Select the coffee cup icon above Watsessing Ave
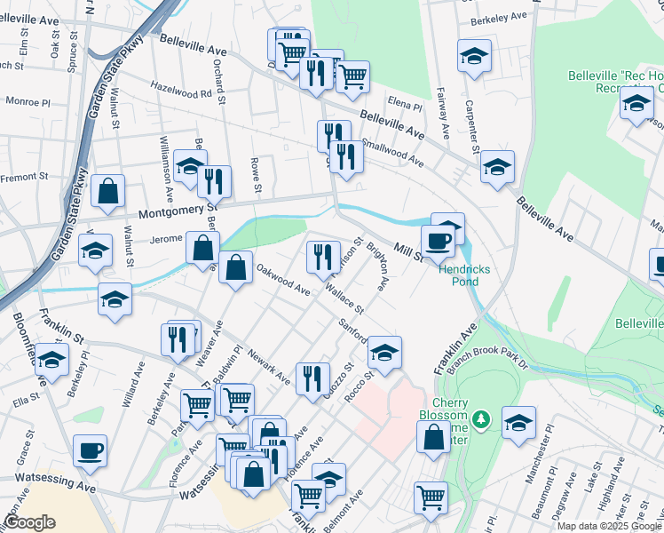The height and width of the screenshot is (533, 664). [90, 449]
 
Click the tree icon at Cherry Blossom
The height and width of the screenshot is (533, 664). [480, 418]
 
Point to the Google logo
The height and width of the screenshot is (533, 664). [29, 522]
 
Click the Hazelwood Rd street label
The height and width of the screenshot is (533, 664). [181, 91]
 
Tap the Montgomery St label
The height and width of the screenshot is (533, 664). [178, 211]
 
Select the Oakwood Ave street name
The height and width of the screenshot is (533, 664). [282, 278]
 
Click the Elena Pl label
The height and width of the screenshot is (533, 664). [404, 106]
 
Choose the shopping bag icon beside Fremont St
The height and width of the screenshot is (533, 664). [107, 191]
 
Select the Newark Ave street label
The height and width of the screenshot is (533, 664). [270, 365]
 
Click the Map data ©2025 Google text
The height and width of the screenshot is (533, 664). [609, 526]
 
